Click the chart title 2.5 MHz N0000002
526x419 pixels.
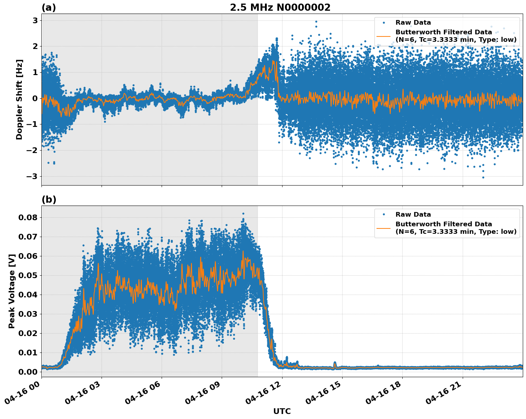click(x=280, y=8)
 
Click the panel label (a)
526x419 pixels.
click(x=49, y=8)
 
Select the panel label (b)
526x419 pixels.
click(x=49, y=199)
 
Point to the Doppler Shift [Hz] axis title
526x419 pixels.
click(x=19, y=99)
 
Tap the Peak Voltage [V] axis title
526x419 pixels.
click(x=12, y=291)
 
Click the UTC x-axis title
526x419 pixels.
click(x=282, y=411)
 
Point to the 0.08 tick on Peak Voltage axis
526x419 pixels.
click(x=30, y=217)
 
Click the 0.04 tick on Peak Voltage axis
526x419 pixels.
click(x=30, y=295)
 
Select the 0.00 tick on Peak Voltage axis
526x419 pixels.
click(x=30, y=372)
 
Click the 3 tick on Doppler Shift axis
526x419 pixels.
click(x=35, y=20)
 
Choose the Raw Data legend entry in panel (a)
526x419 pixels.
click(x=413, y=23)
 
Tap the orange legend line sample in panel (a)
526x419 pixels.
click(x=384, y=36)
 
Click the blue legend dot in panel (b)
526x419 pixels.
click(x=384, y=215)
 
